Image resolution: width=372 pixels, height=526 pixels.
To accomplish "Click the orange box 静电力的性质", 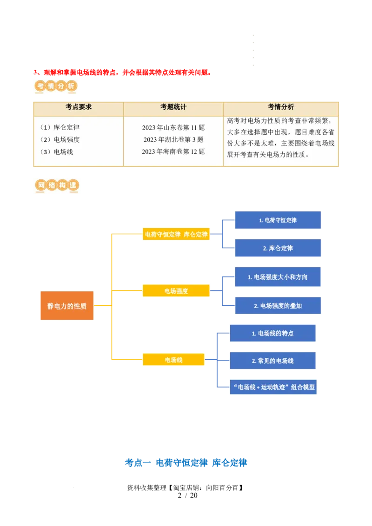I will point(67,306).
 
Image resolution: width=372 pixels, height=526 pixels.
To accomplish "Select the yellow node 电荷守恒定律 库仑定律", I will point(176,235).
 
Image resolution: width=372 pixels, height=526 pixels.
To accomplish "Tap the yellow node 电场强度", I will point(176,291).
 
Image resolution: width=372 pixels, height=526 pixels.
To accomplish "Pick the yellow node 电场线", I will point(173,360).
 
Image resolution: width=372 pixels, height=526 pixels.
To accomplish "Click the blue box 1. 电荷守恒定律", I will point(278,220).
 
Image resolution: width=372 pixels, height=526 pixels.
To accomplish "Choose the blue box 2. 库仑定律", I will point(278,248).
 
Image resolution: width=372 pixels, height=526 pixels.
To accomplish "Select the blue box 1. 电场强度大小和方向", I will point(278,277).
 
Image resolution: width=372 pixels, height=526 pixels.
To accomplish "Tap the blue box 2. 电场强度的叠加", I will point(278,306).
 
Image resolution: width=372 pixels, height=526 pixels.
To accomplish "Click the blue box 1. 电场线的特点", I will point(272,334).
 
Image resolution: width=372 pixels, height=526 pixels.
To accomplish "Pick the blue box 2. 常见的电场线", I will point(272,361).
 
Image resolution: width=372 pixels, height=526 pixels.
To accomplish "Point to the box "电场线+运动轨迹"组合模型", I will point(273,387).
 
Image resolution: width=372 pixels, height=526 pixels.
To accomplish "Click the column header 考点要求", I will point(79,107).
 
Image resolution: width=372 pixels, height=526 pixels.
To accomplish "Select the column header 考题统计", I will point(173,107).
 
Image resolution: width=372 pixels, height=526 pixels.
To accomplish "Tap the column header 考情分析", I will point(280,107).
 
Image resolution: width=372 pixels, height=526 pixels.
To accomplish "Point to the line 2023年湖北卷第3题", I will point(173,139).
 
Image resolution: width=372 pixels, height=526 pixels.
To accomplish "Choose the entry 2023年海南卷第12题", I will point(173,151).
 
